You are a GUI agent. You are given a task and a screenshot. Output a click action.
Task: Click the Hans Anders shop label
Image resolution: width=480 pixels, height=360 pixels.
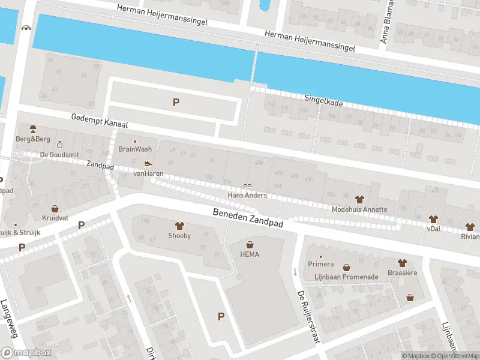(246, 195)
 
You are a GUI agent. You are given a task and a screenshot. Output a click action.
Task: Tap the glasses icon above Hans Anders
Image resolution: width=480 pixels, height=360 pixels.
(246, 185)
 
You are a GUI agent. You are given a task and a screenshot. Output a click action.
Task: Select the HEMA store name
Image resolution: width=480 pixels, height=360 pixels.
(250, 254)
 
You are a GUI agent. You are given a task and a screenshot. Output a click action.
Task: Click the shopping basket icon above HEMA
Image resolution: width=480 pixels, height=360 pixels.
(250, 244)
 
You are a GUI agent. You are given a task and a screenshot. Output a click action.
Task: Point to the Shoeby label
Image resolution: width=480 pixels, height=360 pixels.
(179, 236)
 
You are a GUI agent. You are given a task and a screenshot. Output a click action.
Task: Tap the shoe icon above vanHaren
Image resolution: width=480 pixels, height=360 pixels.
(148, 163)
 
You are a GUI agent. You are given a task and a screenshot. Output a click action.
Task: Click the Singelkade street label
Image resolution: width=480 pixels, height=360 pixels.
(323, 103)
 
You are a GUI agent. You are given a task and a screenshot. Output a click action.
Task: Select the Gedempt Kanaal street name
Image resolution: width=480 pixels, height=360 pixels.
(99, 122)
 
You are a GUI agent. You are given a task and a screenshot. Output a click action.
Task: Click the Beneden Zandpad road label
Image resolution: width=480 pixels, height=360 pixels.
(247, 219)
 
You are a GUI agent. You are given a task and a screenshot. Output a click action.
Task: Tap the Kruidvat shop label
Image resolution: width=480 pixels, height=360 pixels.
(55, 218)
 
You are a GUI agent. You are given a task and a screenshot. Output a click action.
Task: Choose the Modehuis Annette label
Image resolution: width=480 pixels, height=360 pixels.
(359, 209)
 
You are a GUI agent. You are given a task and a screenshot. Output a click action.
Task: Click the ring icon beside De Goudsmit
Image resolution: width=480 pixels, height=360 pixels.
(59, 145)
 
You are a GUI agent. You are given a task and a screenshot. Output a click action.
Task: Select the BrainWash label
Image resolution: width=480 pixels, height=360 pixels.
(135, 149)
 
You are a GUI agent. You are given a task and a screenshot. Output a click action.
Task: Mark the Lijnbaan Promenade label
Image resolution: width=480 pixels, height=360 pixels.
(346, 277)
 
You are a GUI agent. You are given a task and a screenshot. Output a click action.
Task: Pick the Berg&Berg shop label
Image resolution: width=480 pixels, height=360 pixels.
(32, 139)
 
